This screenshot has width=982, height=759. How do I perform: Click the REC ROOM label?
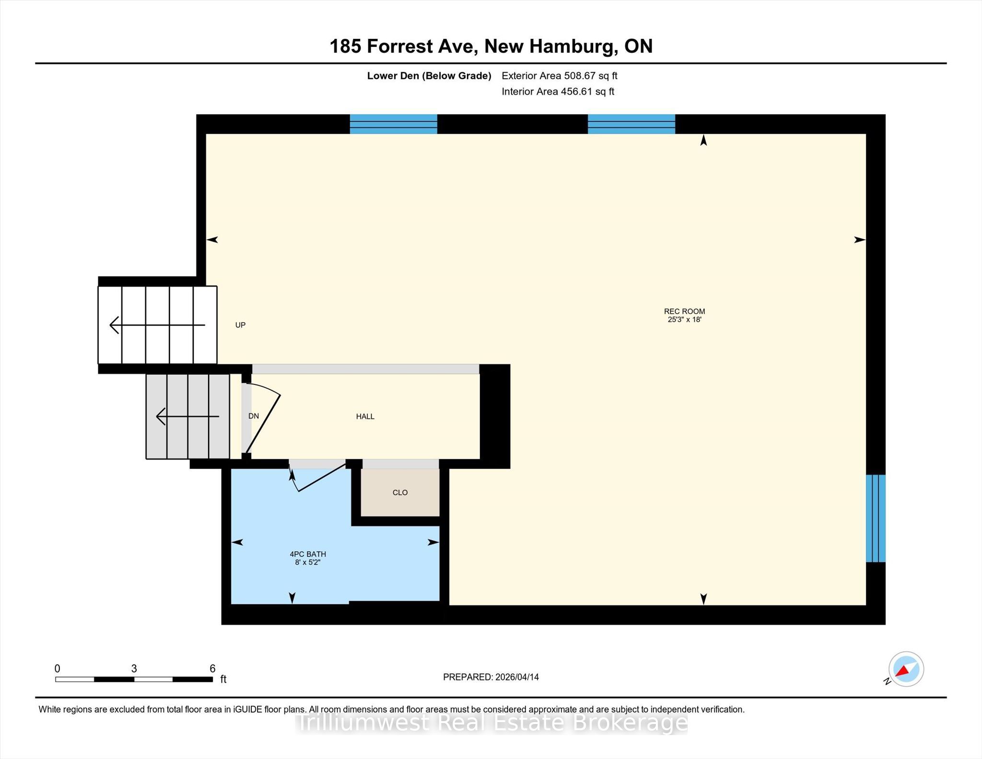(x=684, y=311)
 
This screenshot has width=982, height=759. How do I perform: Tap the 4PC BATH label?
(x=307, y=554)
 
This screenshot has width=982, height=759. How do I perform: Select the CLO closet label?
(x=400, y=492)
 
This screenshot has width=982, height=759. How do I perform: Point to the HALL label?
(x=365, y=417)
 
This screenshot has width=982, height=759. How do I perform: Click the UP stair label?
(x=240, y=325)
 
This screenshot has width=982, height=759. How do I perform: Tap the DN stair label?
(x=254, y=416)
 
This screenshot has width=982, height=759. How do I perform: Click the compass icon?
(x=906, y=669)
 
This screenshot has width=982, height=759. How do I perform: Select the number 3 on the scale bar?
(x=134, y=668)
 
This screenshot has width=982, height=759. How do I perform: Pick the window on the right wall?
(x=876, y=518)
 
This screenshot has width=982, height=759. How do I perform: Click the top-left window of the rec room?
(x=393, y=124)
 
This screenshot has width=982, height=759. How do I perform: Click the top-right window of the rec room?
(x=631, y=124)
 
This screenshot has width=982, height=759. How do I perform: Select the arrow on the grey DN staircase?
(x=187, y=416)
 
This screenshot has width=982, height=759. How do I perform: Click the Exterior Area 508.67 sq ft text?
(x=560, y=76)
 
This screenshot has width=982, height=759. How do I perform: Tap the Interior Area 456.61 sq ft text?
(x=558, y=92)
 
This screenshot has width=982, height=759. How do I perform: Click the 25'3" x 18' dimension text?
(x=684, y=319)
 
